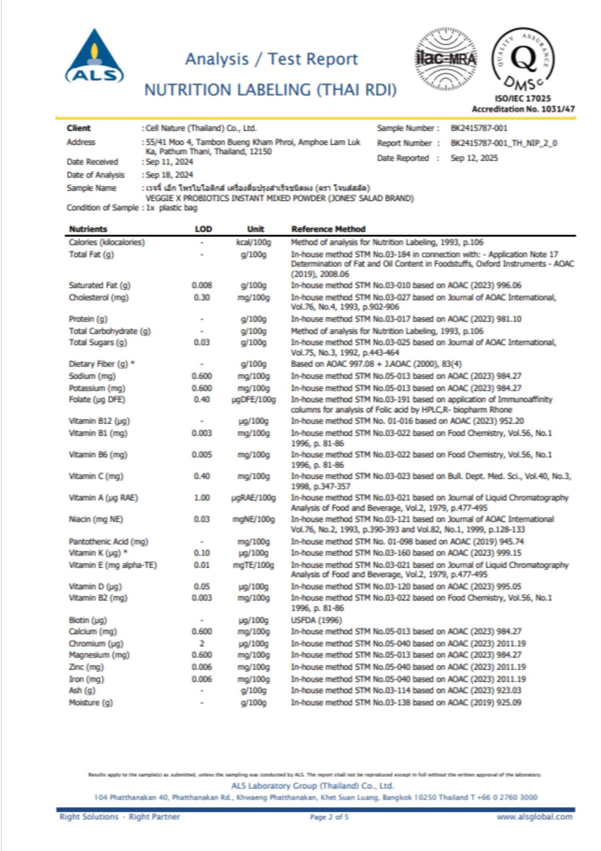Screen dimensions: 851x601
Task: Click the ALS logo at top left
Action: (x=94, y=56)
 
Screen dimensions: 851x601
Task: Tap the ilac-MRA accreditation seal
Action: (x=446, y=59)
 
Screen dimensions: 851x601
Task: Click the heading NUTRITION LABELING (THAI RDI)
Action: (x=270, y=90)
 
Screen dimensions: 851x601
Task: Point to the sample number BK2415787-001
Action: (x=479, y=128)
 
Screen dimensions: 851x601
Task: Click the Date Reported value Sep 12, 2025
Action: (x=474, y=158)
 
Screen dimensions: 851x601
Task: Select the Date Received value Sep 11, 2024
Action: (x=169, y=162)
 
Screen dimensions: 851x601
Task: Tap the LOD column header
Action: (x=203, y=229)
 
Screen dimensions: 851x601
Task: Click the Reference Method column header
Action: (x=328, y=229)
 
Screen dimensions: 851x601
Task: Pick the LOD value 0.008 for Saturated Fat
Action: (x=202, y=286)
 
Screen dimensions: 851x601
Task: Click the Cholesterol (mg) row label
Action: (x=99, y=297)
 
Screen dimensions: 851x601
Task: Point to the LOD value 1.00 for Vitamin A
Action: (x=202, y=498)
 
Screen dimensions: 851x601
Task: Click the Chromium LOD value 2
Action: (x=202, y=643)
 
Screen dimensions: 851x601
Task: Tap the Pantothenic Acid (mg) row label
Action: (x=108, y=542)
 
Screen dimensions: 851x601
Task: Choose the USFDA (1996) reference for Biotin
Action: (x=316, y=620)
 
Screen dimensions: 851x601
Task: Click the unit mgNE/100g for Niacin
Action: (x=253, y=520)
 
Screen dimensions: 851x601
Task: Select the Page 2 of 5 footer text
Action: (x=329, y=817)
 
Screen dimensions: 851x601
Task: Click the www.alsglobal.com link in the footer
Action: (x=534, y=817)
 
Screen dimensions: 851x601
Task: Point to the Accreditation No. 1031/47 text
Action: (x=523, y=109)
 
